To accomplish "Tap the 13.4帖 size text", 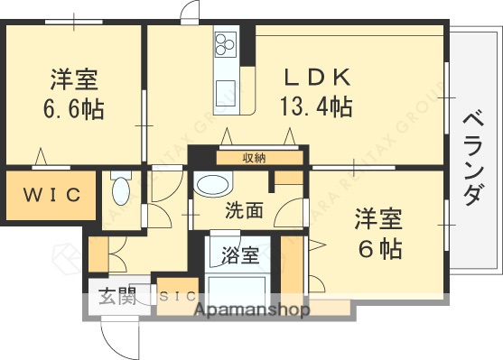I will [x=317, y=106].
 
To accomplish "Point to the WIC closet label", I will [x=51, y=193].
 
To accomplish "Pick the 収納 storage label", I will [x=254, y=158].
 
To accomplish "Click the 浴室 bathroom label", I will [x=239, y=254].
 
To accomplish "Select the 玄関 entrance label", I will [x=117, y=296].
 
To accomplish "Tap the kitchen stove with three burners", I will [x=225, y=42].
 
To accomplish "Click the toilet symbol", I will [x=121, y=190].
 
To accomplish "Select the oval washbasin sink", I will [x=214, y=186].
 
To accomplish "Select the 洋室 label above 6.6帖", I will [x=74, y=79].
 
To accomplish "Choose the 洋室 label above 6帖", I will [x=377, y=218].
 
